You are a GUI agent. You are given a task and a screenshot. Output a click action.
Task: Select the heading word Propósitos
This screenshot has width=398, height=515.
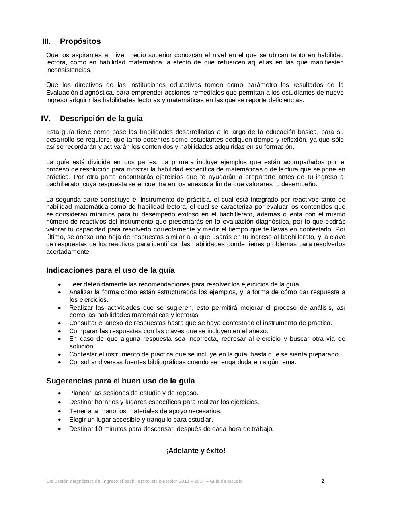tap(80, 41)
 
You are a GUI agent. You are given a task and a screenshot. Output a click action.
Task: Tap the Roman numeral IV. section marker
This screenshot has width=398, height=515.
tap(45, 119)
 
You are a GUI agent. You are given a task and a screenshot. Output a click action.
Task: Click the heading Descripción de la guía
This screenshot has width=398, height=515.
tap(101, 119)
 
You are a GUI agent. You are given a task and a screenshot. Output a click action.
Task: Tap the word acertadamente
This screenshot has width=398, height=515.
tap(68, 252)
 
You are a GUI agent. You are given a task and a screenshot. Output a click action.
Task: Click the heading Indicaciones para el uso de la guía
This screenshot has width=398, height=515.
tap(110, 270)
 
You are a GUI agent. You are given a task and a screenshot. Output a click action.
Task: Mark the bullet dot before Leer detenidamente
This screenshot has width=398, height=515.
tap(60, 284)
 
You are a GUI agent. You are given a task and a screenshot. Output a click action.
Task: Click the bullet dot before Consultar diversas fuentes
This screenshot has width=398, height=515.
tap(60, 362)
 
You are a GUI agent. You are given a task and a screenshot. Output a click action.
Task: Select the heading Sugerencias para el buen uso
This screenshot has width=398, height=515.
tap(120, 381)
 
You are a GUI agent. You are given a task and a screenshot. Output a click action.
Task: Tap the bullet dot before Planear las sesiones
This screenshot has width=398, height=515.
tap(60, 393)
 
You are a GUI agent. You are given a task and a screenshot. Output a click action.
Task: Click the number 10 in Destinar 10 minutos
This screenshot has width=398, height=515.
tap(98, 429)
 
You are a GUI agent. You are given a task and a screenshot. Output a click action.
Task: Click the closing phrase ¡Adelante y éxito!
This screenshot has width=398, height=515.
tap(196, 451)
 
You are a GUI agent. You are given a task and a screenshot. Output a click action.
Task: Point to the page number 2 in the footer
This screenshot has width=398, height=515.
tap(322, 481)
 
